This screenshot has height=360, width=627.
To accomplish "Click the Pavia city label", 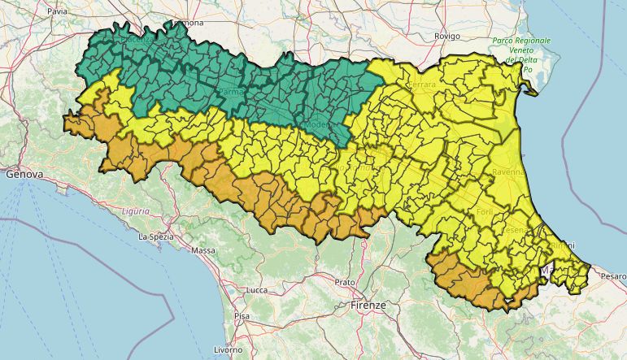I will (x=57, y=12).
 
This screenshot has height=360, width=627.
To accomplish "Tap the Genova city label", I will (x=23, y=174).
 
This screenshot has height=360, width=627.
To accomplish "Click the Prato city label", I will (x=345, y=282).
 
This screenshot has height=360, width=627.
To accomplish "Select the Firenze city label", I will (x=368, y=305).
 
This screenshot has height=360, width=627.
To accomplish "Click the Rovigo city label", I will (x=447, y=37).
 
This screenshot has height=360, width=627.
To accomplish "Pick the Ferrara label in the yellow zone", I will (x=422, y=84).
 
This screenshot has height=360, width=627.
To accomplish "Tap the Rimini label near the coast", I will (x=561, y=245).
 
